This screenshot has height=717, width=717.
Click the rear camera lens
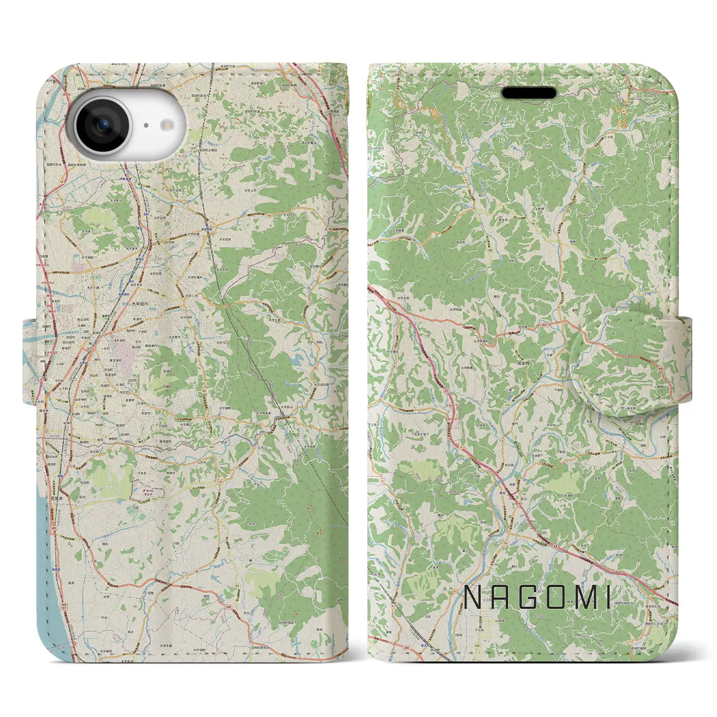pyautogui.click(x=103, y=125)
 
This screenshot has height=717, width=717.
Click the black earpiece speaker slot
pyautogui.click(x=529, y=92)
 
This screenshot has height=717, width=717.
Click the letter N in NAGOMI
pyautogui.click(x=473, y=599)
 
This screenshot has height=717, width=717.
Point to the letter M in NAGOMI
pyautogui.click(x=584, y=599)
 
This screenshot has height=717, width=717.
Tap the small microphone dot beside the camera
pyautogui.click(x=146, y=126)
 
